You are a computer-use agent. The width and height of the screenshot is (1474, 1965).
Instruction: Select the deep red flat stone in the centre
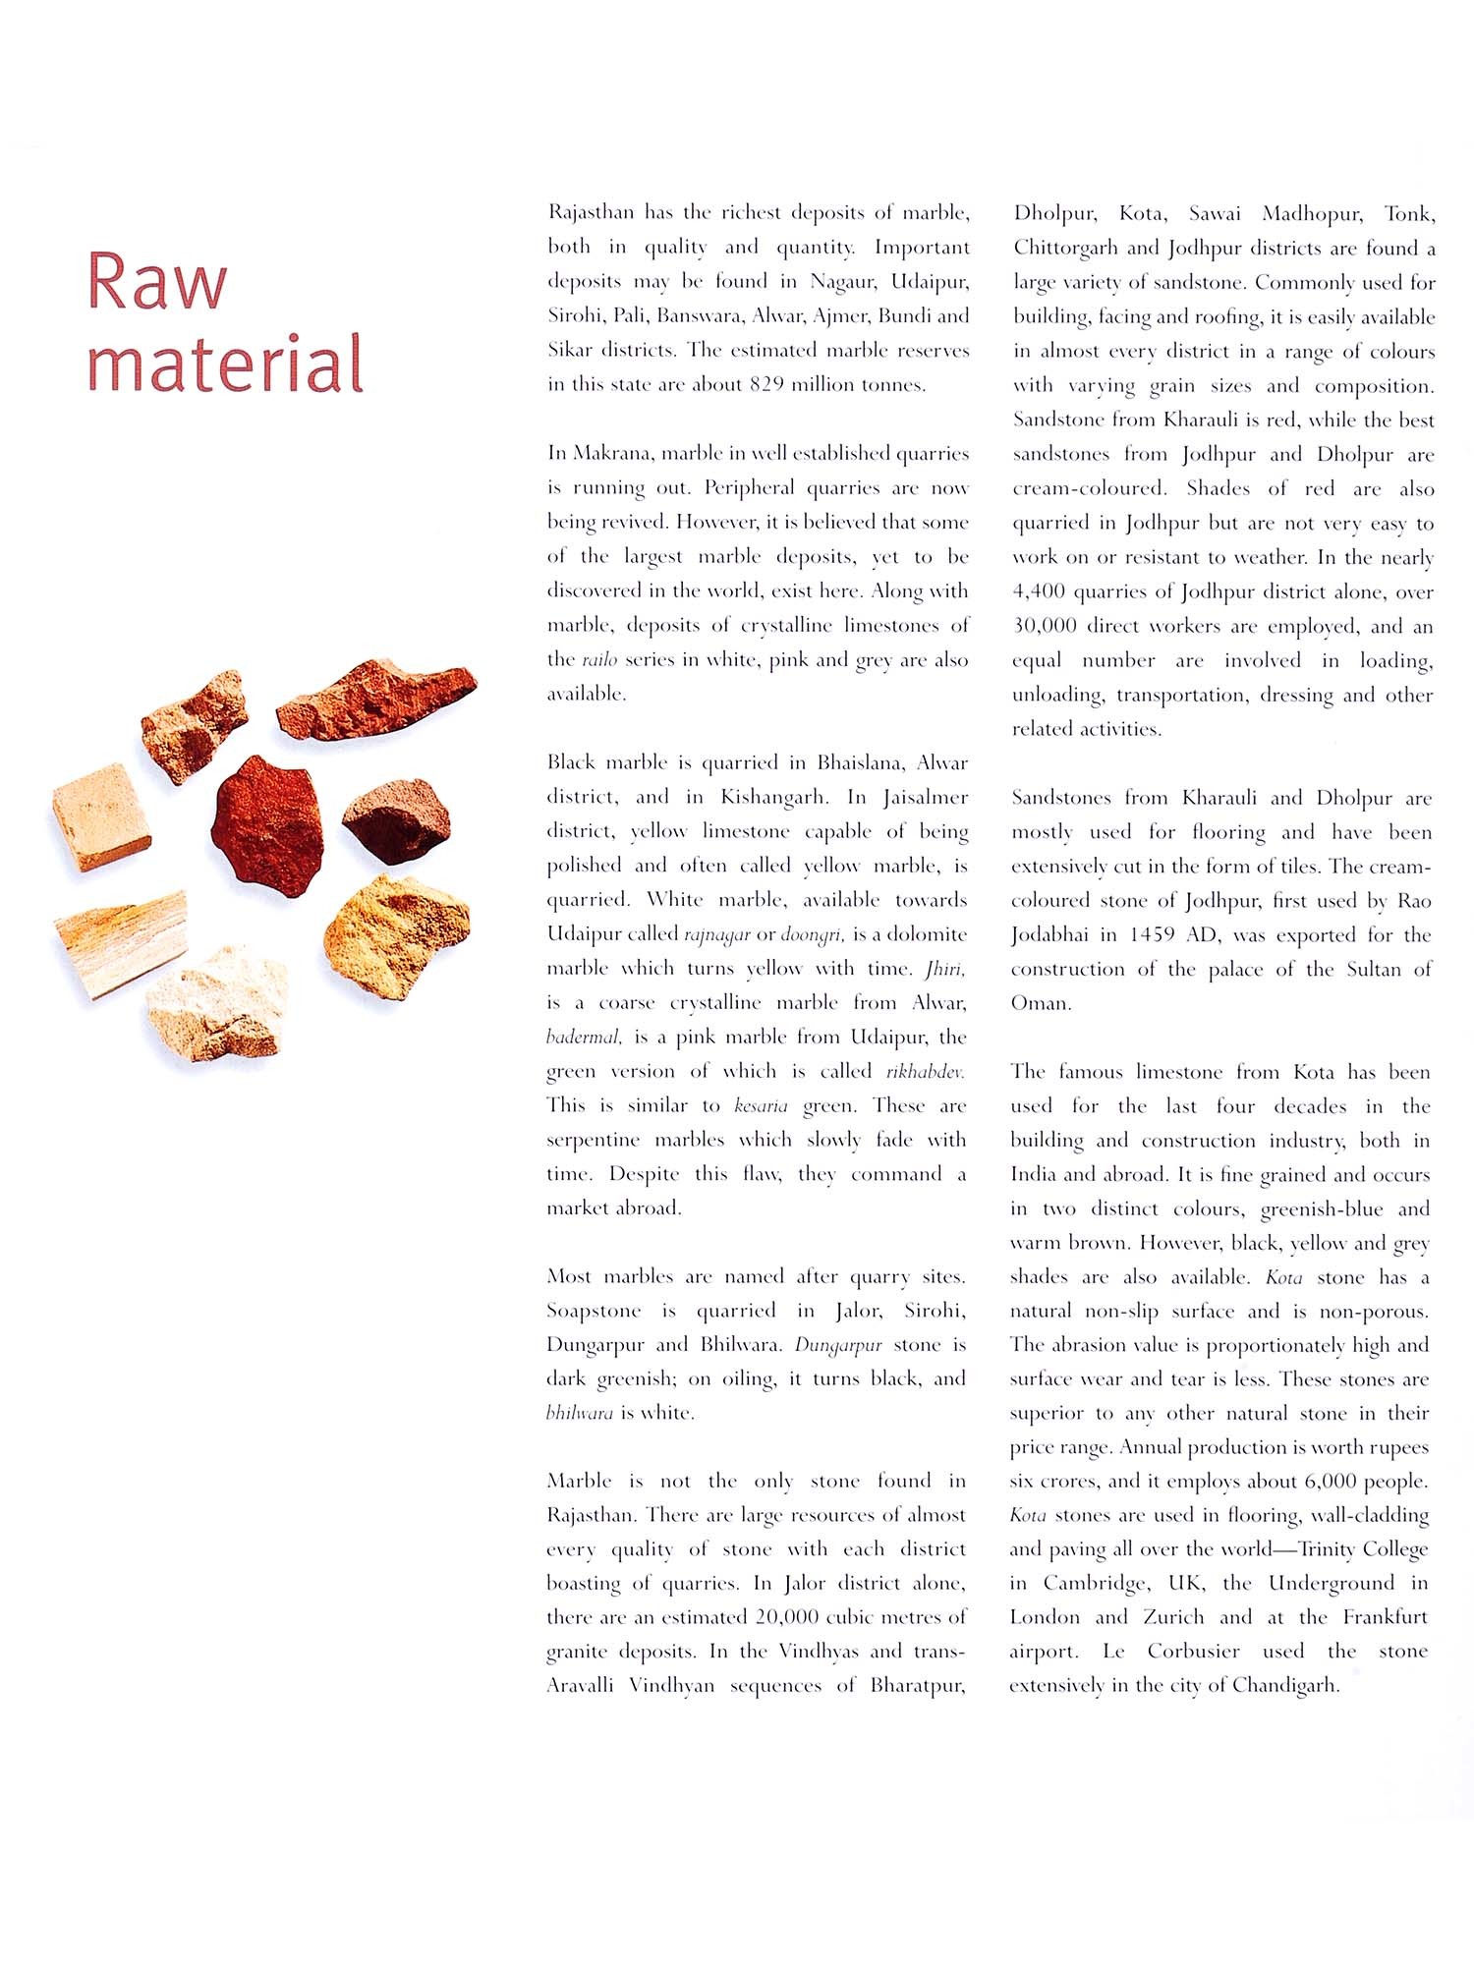268,824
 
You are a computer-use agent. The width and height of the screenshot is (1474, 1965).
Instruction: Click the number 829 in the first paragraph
766,384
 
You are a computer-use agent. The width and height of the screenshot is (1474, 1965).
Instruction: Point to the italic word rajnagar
717,933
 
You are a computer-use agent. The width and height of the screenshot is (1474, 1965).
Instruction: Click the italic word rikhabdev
924,1071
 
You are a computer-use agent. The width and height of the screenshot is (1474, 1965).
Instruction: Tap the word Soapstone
594,1311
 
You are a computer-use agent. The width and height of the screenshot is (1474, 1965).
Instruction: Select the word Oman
1040,1003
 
